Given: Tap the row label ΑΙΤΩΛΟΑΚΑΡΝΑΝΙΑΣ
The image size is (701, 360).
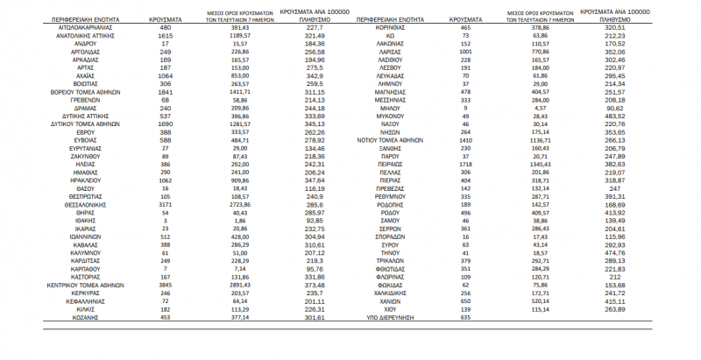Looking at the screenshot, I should point(81,27).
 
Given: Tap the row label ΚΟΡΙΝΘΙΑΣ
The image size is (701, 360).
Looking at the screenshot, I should point(404,27).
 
